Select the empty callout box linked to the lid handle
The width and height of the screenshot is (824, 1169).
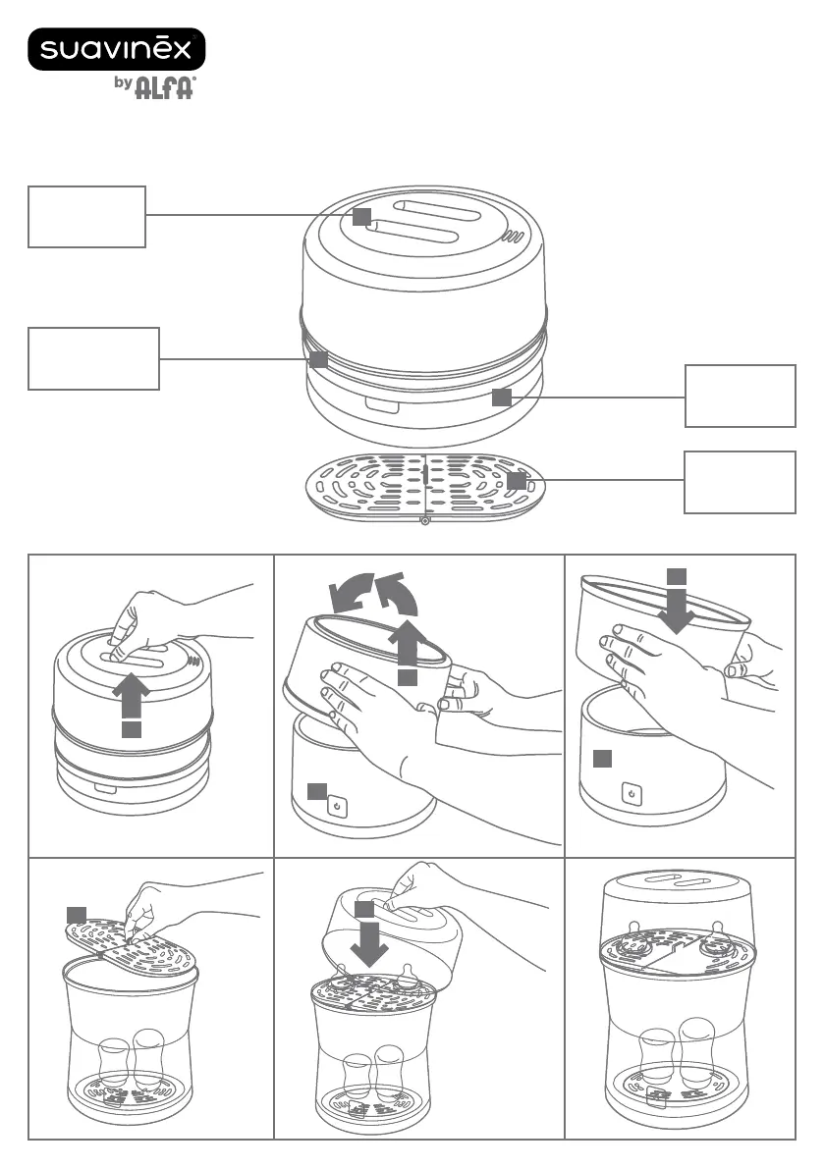(x=86, y=216)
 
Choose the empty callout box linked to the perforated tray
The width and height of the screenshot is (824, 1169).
(x=740, y=481)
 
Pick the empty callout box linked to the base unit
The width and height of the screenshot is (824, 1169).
(x=740, y=396)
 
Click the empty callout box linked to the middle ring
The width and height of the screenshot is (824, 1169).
(x=93, y=359)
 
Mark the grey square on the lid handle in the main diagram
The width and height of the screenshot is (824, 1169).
(x=362, y=215)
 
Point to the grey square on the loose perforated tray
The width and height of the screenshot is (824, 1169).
(x=517, y=481)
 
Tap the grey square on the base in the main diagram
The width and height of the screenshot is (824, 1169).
(x=501, y=396)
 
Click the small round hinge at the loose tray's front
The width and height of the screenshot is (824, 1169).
(x=423, y=520)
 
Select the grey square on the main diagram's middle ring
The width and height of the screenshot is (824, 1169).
(x=318, y=359)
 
